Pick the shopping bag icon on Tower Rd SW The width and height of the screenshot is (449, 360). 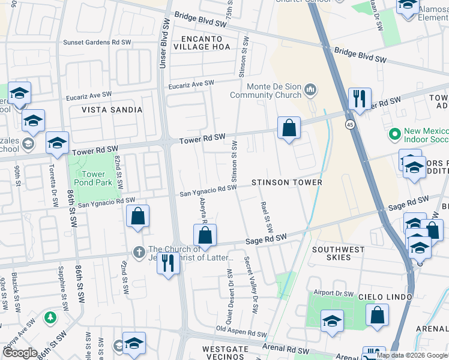[x=289, y=128]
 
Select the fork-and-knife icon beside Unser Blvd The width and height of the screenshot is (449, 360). [x=168, y=263]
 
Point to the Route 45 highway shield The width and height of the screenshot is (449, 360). [x=349, y=124]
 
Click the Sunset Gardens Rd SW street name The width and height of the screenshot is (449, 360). [x=97, y=43]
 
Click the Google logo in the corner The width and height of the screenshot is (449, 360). [x=20, y=353]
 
